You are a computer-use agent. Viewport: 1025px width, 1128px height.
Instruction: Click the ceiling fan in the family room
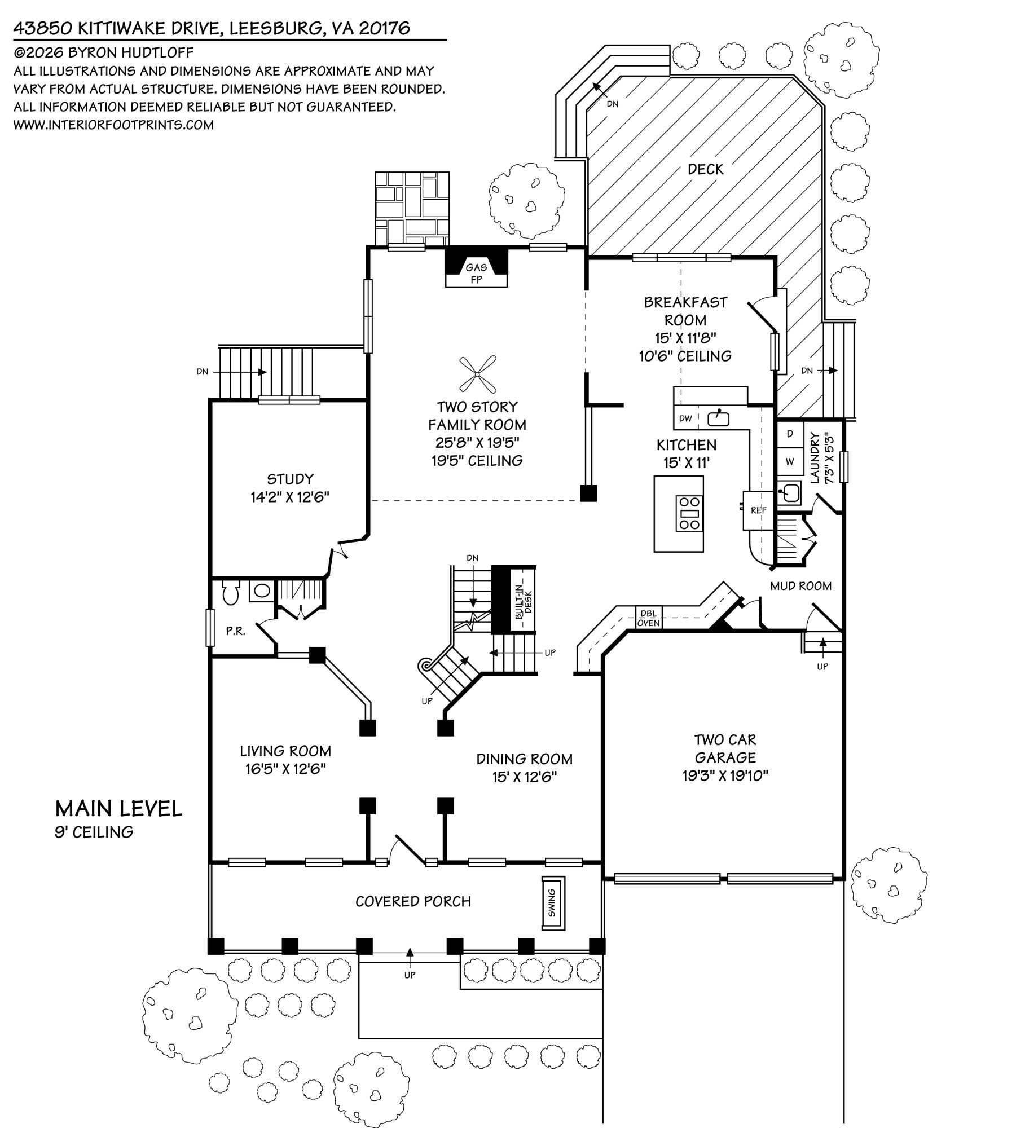[x=477, y=373]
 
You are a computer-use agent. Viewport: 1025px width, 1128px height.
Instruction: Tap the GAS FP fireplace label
[x=476, y=273]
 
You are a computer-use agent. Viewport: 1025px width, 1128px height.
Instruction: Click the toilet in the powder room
[x=230, y=592]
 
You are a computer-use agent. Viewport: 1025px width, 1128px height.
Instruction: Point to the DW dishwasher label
[x=685, y=418]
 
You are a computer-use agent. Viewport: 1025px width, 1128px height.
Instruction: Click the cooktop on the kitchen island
[x=689, y=513]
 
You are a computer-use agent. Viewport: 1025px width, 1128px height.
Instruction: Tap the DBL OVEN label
[x=649, y=618]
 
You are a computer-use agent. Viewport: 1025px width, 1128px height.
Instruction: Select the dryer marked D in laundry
[x=790, y=434]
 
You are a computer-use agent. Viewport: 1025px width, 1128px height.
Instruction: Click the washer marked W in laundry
[x=790, y=461]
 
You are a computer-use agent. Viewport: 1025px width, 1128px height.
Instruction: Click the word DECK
[x=705, y=169]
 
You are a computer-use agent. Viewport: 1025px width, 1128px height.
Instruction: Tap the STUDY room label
[x=290, y=479]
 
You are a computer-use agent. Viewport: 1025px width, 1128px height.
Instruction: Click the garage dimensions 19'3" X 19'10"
[x=725, y=776]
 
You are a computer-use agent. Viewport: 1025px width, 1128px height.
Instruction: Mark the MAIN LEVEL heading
[x=118, y=809]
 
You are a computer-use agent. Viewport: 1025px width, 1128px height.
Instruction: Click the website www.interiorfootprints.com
[x=113, y=125]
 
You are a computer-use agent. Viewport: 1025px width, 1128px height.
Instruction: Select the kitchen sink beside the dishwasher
[x=718, y=418]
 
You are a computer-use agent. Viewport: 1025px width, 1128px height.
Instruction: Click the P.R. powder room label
[x=236, y=632]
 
